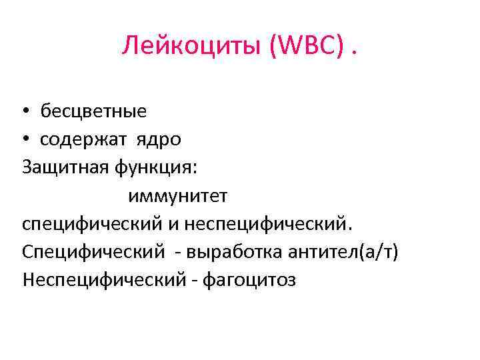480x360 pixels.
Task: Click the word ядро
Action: coord(159,139)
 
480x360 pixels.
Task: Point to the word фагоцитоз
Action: coord(245,281)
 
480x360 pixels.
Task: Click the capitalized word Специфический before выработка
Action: coord(93,252)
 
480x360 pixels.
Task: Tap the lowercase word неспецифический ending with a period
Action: coord(267,224)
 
